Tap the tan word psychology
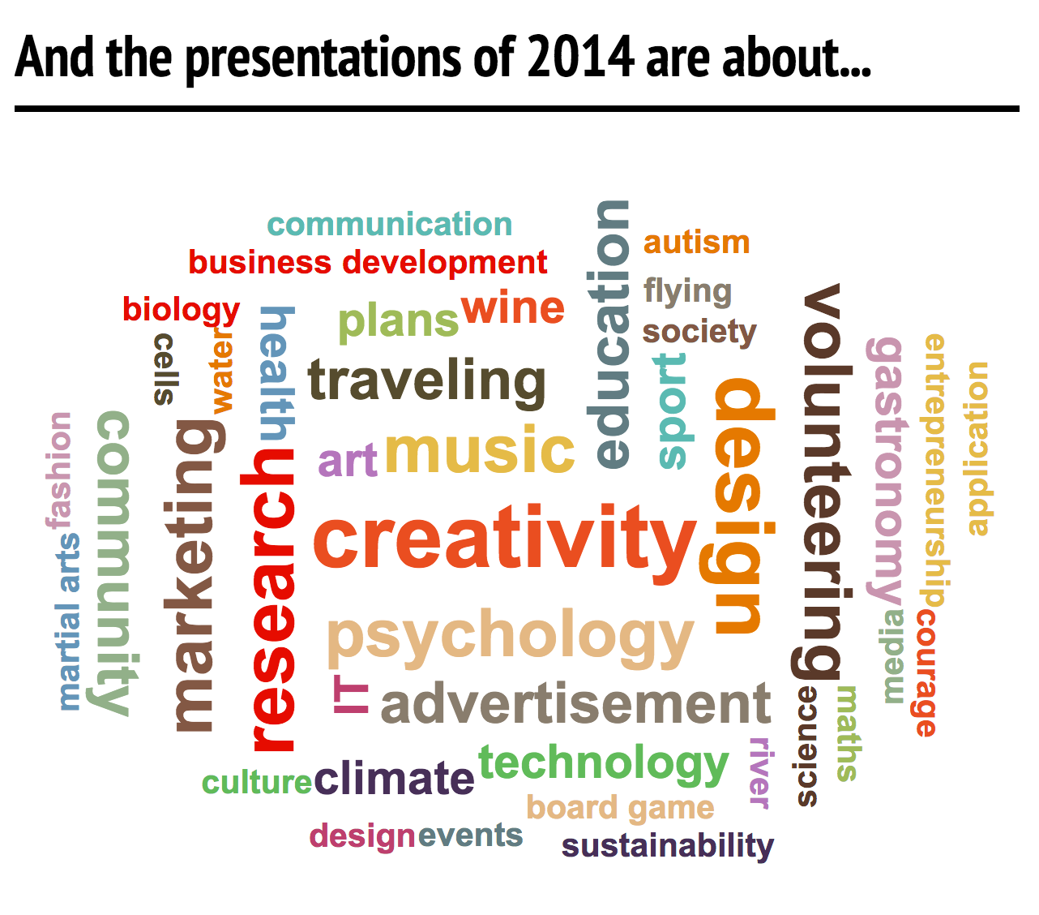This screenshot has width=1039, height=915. (511, 638)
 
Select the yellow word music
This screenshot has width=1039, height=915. (480, 449)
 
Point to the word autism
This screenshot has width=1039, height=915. (696, 243)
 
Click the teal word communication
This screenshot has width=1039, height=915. (390, 225)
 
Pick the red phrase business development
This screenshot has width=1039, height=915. (368, 264)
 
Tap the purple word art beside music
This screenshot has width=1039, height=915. (348, 461)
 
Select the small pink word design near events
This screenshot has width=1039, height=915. (361, 836)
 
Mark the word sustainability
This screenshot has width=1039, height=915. (667, 845)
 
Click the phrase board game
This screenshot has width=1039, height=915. (620, 809)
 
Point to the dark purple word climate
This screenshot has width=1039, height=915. (394, 777)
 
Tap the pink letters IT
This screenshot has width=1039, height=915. (351, 694)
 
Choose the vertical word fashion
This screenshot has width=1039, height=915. (58, 470)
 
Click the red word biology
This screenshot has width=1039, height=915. (181, 310)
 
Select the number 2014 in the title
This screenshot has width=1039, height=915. (581, 58)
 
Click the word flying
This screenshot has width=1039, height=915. (688, 292)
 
